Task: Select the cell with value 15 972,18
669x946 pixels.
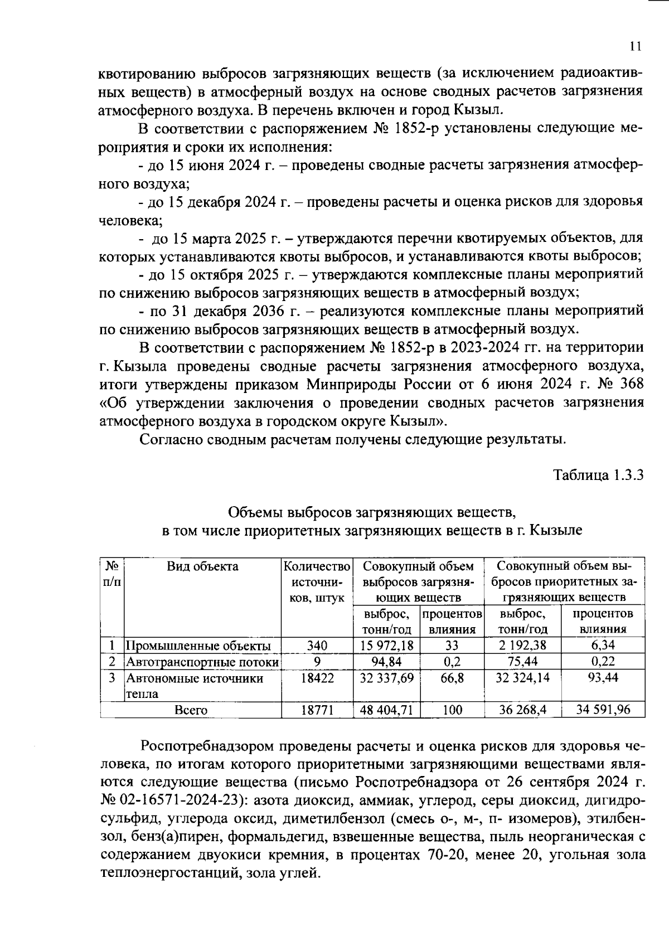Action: point(387,646)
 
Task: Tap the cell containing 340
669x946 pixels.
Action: point(317,646)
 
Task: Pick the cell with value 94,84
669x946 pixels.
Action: point(387,662)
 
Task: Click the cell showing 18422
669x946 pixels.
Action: point(317,678)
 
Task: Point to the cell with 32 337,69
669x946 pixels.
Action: point(387,678)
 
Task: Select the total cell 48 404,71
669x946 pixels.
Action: point(387,710)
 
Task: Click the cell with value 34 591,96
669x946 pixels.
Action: point(603,710)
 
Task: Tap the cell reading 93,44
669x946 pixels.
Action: point(603,678)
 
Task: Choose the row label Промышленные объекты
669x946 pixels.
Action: point(198,646)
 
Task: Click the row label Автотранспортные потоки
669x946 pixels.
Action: point(202,662)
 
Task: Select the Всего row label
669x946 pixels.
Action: point(191,710)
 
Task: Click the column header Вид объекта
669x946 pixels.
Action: point(202,566)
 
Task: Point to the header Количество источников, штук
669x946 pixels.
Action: point(317,582)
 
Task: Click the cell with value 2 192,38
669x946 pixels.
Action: point(522,646)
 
